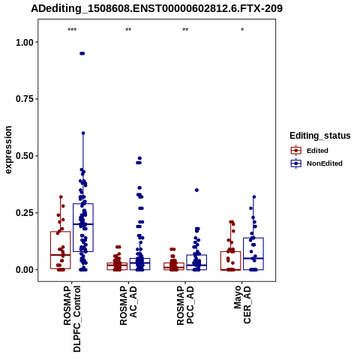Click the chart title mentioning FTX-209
(157, 8)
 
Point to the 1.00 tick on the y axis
(25, 43)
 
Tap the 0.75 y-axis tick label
(25, 99)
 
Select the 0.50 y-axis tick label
(25, 156)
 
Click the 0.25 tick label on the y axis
(25, 213)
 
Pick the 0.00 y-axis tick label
(25, 270)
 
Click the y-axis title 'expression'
(8, 150)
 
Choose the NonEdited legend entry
(316, 163)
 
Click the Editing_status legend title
(320, 136)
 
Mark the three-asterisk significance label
(72, 30)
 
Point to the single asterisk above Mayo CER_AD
(242, 30)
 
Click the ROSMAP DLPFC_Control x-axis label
(72, 319)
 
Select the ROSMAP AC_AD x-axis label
(128, 305)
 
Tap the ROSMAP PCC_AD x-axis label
(185, 305)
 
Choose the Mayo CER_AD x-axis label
(242, 304)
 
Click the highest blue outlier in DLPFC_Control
(82, 53)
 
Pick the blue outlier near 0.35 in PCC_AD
(196, 190)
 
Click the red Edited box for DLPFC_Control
(61, 250)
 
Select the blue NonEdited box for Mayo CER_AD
(253, 253)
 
